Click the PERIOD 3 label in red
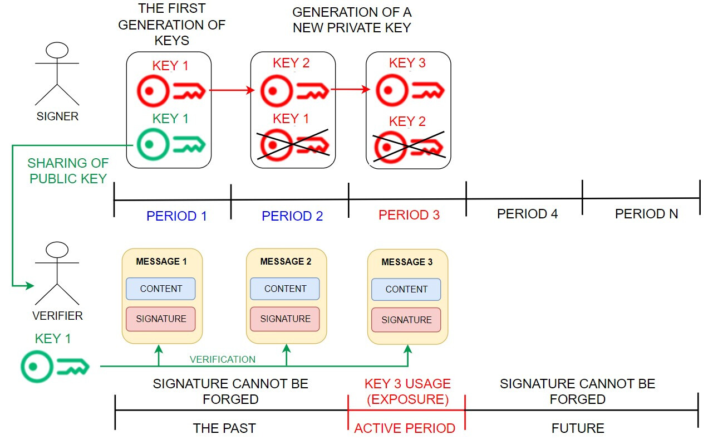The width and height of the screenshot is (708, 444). click(x=409, y=215)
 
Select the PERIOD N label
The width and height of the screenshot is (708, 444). click(x=646, y=214)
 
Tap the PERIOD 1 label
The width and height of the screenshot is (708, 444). click(x=176, y=216)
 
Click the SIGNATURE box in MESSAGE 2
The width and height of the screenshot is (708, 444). click(x=286, y=319)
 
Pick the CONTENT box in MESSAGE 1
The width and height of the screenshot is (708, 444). click(x=161, y=289)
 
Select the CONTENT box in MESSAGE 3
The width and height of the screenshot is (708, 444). click(x=406, y=289)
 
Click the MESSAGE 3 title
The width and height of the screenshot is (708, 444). click(x=407, y=262)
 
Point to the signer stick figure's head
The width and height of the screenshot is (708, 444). click(x=56, y=52)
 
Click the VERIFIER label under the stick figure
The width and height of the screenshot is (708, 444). click(x=57, y=316)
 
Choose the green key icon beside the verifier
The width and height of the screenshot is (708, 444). click(x=55, y=367)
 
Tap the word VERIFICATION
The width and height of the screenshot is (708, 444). click(x=223, y=360)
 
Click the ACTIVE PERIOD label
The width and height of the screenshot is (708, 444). click(x=405, y=428)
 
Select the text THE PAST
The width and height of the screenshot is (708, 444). click(x=224, y=428)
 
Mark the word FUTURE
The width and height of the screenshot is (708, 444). click(x=578, y=428)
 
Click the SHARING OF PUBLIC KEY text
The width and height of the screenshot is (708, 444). click(x=68, y=171)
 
